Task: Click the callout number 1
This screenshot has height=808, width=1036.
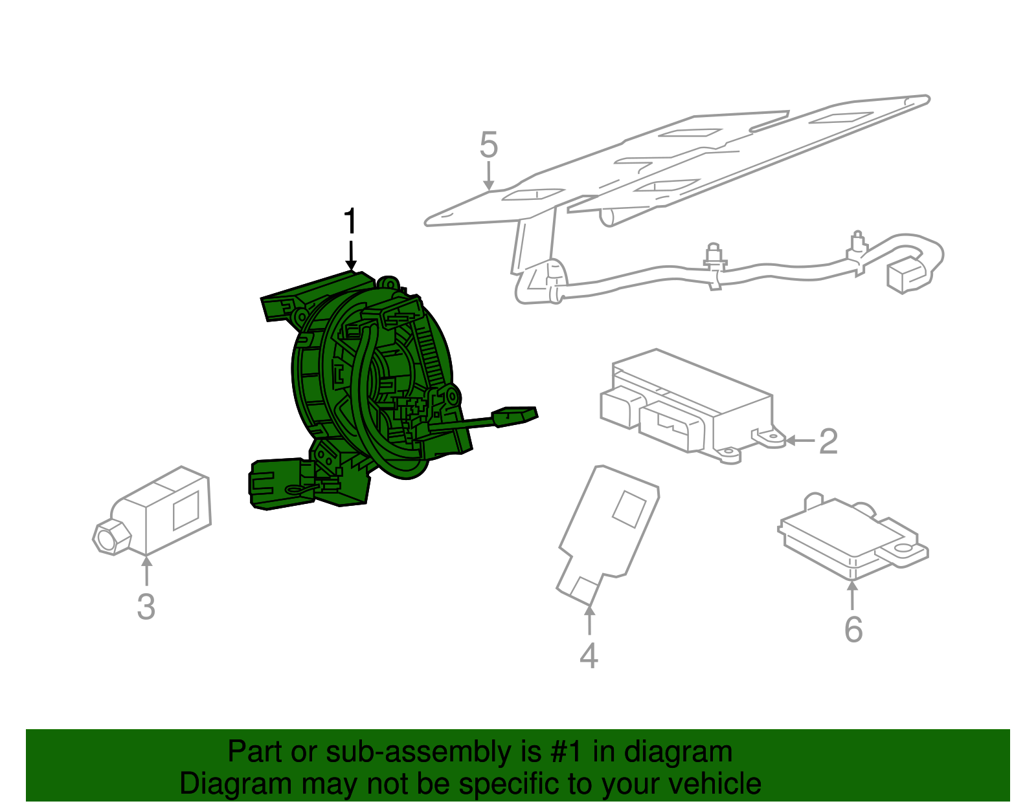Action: (350, 221)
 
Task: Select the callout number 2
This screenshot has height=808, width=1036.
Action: (828, 441)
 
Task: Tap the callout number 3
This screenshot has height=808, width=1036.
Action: (146, 607)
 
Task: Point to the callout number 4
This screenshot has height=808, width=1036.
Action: (589, 655)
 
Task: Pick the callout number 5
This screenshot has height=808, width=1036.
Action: (489, 145)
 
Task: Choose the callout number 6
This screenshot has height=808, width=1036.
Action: (853, 629)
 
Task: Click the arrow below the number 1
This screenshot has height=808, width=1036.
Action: (351, 256)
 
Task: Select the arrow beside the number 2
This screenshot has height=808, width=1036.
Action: (800, 441)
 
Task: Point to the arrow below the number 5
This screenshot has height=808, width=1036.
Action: (488, 176)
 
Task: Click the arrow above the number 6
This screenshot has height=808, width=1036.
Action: (852, 595)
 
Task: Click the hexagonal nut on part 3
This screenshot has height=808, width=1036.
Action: (111, 538)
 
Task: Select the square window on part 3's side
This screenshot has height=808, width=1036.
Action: (185, 511)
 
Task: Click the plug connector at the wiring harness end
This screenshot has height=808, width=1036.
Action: (906, 275)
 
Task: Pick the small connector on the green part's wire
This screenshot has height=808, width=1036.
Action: (515, 416)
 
